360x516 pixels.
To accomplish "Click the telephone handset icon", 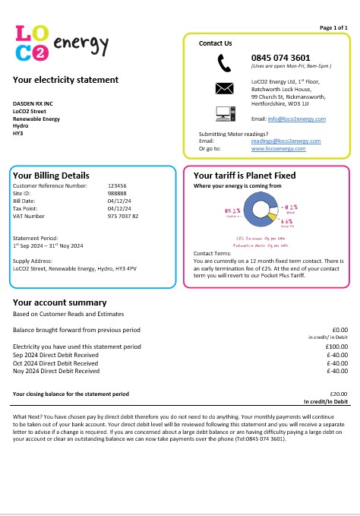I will pos(224,62).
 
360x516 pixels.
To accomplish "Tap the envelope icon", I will pos(224,87).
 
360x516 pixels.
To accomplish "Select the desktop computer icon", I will pos(224,115).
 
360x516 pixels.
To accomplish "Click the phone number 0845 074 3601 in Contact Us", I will pos(280,58).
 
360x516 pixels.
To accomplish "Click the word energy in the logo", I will pos(81,45).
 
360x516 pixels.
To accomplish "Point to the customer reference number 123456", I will pos(117,185).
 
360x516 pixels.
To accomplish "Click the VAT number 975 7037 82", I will pos(123,217).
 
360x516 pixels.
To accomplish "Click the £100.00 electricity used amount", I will pos(336,347).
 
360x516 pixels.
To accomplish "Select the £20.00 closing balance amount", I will pos(338,394).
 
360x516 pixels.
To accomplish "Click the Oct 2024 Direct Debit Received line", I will pos(56,362).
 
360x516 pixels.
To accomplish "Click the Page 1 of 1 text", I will pos(333,27).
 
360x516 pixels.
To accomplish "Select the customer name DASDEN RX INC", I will pos(33,103).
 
